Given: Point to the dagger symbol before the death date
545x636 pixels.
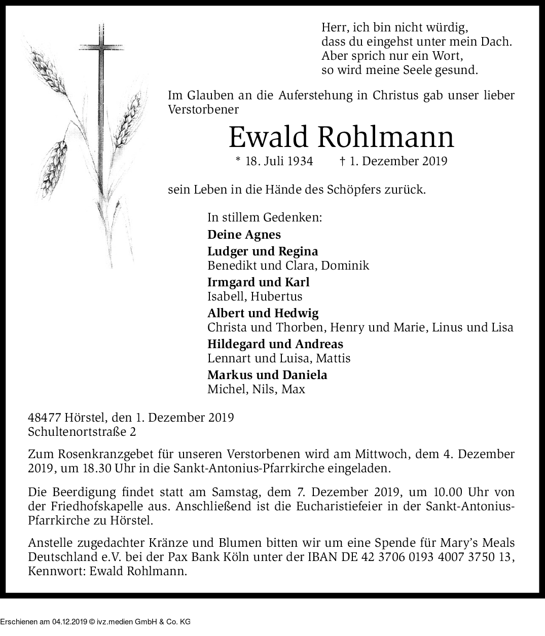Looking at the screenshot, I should pos(343,161).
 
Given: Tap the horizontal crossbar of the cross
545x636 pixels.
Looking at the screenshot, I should pos(103,49).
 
